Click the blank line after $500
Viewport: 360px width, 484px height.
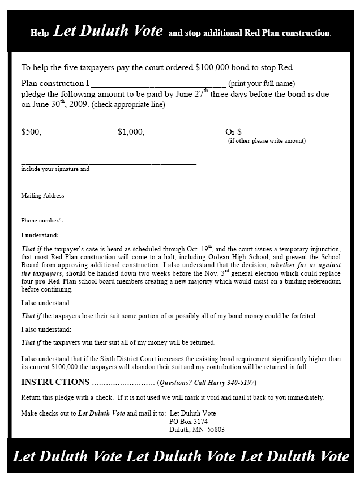coord(68,135)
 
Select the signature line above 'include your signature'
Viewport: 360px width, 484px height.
coord(109,164)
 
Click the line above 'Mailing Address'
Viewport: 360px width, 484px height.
coord(109,190)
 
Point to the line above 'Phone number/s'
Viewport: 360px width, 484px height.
coord(109,215)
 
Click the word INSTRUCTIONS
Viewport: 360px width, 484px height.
coord(55,382)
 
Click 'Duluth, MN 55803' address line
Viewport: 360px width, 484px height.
coord(197,429)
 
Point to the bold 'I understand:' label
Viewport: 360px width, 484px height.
coord(40,235)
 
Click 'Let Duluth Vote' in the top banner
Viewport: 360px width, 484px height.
coord(108,31)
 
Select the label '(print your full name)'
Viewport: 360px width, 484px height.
coord(262,84)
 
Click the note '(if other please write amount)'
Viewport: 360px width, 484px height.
coord(266,140)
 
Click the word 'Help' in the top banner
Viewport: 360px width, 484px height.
coord(40,33)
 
